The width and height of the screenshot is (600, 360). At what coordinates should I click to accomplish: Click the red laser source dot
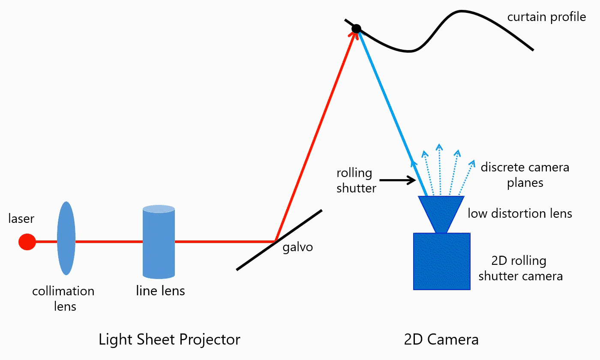pos(27,242)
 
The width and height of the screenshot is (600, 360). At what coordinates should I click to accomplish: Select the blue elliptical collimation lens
pos(66,238)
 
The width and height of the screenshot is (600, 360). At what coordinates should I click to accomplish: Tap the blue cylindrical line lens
pos(159,242)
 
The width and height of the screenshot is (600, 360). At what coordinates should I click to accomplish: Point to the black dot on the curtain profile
pos(356,29)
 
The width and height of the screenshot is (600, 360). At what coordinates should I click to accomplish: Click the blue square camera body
pos(441,261)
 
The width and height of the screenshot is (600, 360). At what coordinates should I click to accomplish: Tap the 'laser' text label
pos(21,219)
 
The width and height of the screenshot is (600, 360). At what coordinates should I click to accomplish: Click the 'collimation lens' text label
pos(63,298)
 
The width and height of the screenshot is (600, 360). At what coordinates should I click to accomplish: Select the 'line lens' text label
pos(160,291)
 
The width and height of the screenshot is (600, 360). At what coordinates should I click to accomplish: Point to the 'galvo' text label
pos(297,247)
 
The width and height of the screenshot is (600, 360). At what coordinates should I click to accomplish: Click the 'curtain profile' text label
pos(546,17)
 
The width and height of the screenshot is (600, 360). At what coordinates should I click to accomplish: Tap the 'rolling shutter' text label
pos(355,180)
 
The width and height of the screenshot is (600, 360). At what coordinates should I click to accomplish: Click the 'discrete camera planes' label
pos(525,175)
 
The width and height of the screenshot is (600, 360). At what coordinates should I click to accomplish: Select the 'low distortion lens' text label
pos(519,213)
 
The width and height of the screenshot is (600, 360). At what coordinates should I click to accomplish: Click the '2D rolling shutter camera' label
pos(520,268)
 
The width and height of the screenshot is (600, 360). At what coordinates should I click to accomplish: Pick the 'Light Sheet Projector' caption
pos(169,339)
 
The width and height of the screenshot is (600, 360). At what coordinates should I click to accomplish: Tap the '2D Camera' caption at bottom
pos(441,339)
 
